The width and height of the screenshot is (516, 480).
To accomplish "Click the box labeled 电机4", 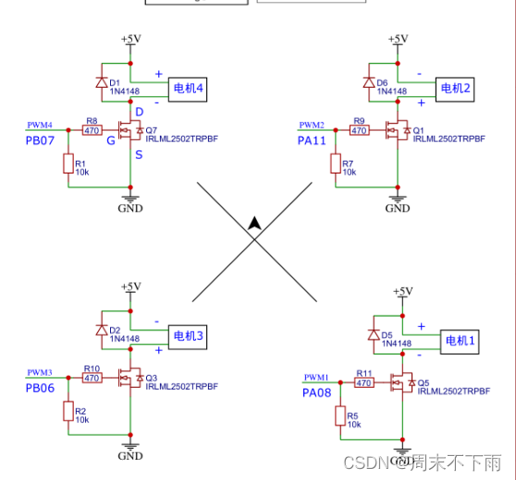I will pyautogui.click(x=189, y=90).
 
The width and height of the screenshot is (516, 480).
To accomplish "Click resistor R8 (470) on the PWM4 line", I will pyautogui.click(x=92, y=131).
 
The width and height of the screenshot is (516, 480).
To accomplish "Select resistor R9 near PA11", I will pyautogui.click(x=359, y=131).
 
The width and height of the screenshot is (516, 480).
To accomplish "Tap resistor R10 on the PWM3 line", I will pyautogui.click(x=92, y=378).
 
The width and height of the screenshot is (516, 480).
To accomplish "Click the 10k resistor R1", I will pyautogui.click(x=68, y=164).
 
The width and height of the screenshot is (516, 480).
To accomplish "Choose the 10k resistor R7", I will pyautogui.click(x=335, y=163).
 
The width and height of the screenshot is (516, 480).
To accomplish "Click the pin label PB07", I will pyautogui.click(x=40, y=140).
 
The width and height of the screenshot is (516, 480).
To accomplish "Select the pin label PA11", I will pyautogui.click(x=312, y=140).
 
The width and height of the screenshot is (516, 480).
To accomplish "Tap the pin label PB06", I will pyautogui.click(x=40, y=388).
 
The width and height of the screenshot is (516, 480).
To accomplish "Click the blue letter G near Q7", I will pyautogui.click(x=111, y=140).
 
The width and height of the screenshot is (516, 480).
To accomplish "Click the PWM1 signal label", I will pyautogui.click(x=316, y=378).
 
